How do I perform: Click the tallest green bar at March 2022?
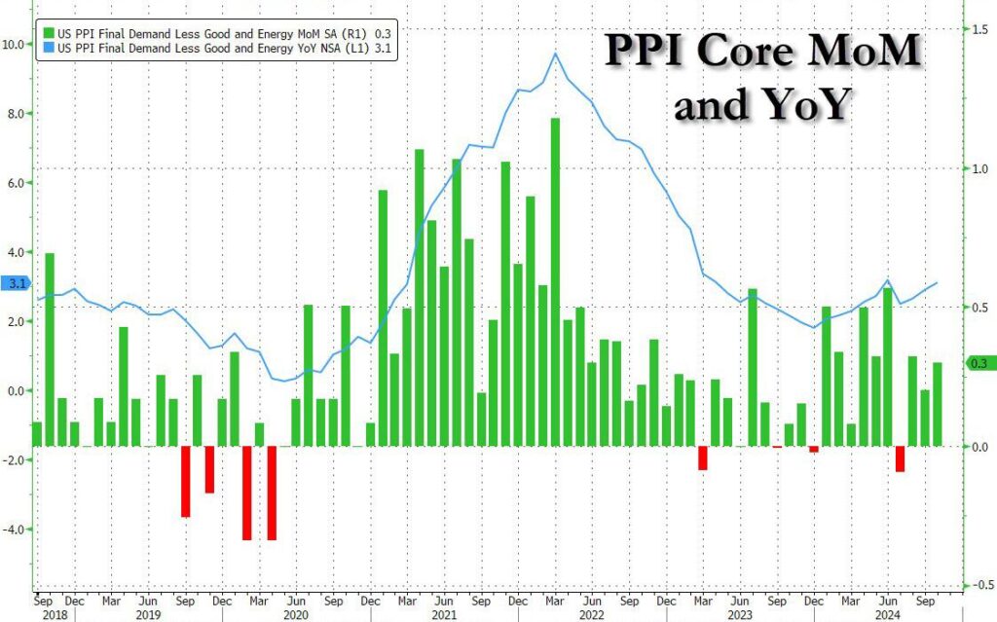[555, 282]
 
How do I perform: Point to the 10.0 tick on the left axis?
[17, 44]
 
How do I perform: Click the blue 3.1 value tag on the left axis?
[17, 283]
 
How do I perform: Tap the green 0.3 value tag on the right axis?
[978, 363]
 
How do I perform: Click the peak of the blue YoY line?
[555, 54]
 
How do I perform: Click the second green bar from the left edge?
[50, 349]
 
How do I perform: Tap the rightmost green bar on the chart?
[938, 404]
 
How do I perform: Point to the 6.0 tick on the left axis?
[17, 183]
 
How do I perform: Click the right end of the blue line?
[938, 283]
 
